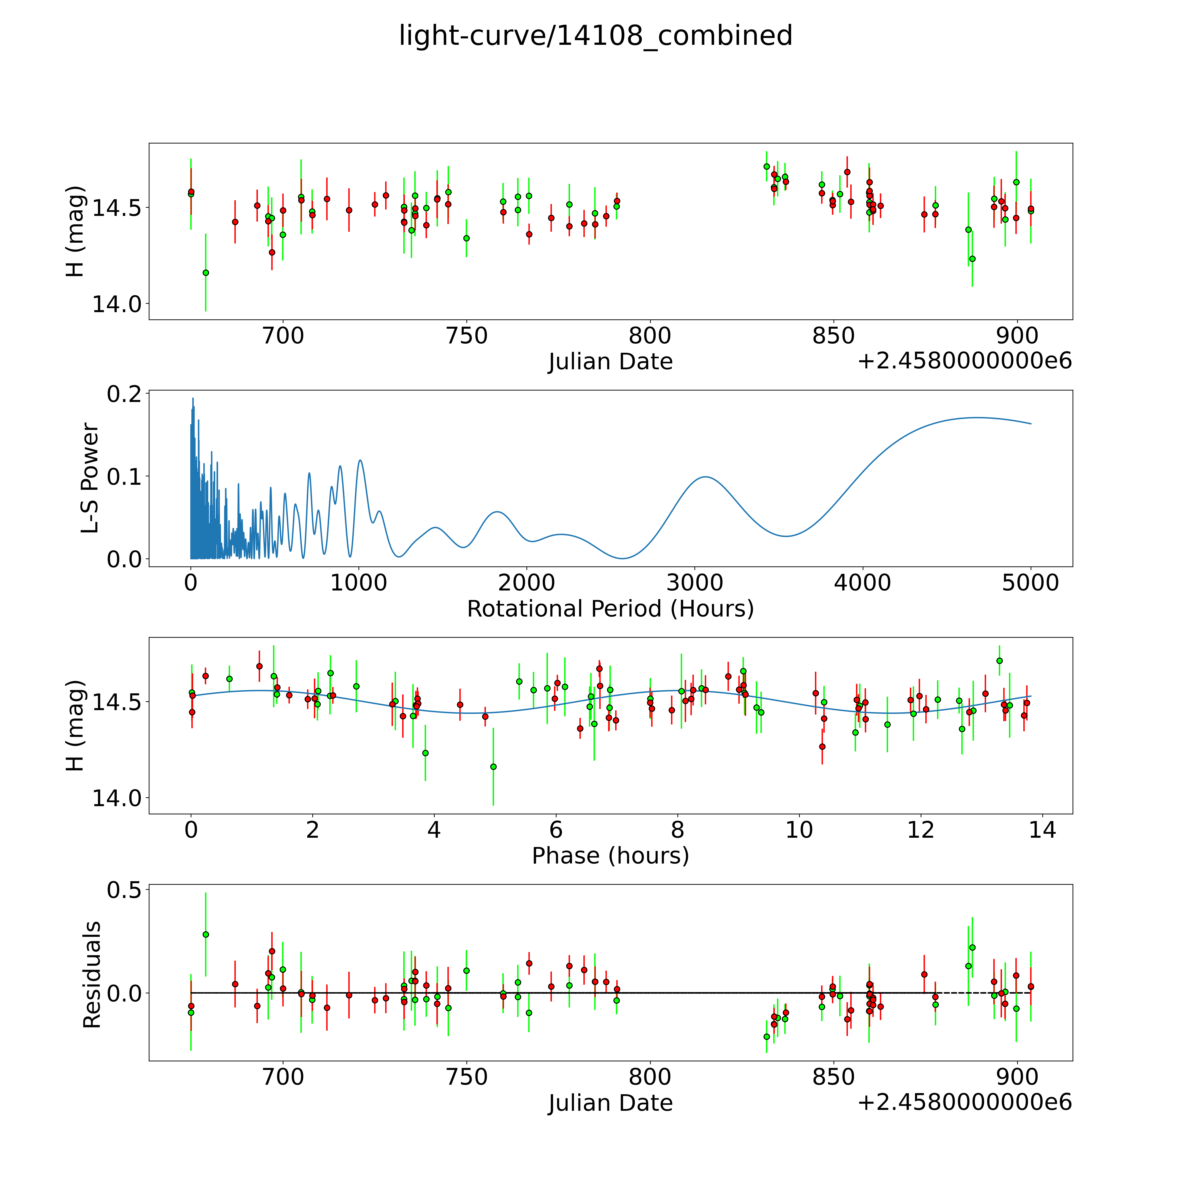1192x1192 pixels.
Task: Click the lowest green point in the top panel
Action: [206, 272]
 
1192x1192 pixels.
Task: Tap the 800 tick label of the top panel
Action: [650, 336]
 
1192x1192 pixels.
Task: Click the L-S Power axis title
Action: [90, 478]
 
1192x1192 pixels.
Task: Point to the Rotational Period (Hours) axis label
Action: [610, 609]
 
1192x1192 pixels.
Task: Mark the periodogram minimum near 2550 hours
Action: [622, 558]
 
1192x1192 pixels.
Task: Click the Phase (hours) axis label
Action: [610, 856]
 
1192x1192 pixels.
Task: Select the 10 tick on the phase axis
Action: [799, 830]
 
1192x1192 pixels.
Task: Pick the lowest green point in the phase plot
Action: [493, 766]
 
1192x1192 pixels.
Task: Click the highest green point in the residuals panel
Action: [206, 934]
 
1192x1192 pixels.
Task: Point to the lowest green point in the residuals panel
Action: [766, 1037]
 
